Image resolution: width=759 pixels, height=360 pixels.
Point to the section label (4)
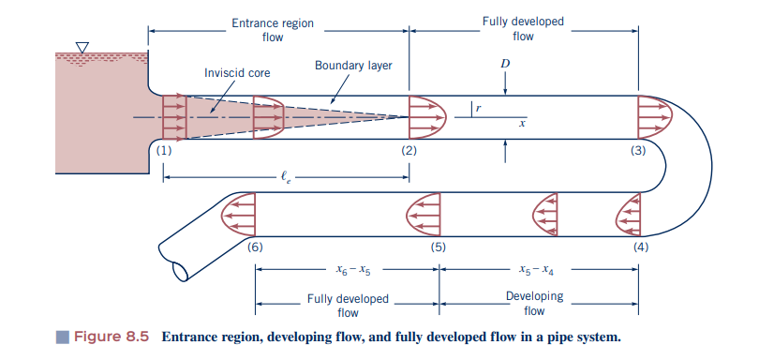coord(640,247)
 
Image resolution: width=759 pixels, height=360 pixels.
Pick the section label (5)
coord(438,247)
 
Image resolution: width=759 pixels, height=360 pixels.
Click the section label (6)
coord(254,247)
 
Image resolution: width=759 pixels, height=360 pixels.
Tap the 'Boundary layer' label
coord(353,67)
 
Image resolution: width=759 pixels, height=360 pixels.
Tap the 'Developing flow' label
coord(534,304)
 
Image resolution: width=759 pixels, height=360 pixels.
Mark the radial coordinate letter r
coord(479,109)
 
